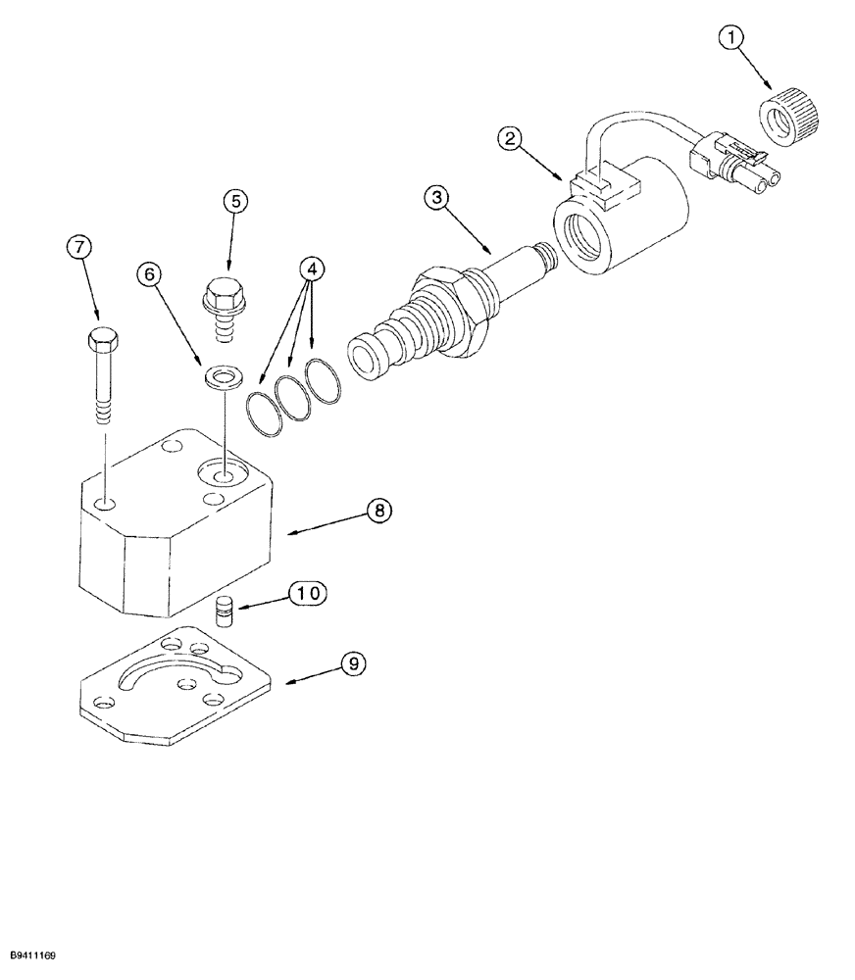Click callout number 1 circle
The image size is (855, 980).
coord(730,40)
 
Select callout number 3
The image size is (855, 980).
coord(438,197)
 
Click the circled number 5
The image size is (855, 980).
coord(233,201)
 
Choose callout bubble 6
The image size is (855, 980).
coord(151,275)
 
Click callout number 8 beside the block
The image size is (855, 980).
coord(379,510)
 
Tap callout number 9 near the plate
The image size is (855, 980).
coord(353,663)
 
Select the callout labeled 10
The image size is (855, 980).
coord(307,593)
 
